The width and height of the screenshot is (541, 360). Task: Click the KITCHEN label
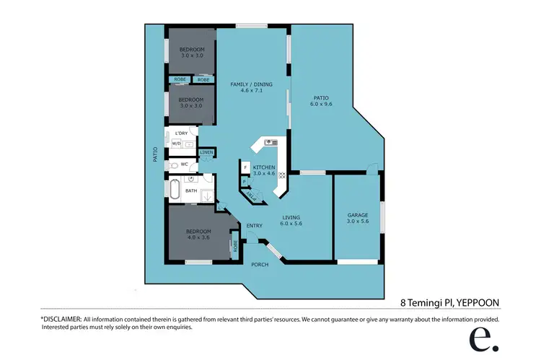(264, 170)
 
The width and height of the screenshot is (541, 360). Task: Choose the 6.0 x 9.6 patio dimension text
(322, 105)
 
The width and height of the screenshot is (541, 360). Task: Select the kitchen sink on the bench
(270, 143)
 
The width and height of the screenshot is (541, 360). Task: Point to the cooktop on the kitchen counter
(282, 175)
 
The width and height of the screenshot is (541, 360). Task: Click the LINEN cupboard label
(206, 152)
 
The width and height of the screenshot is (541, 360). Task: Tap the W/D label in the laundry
(176, 144)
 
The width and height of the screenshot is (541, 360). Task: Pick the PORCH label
(259, 265)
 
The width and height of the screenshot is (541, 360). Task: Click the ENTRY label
(255, 226)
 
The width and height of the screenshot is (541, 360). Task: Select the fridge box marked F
(245, 167)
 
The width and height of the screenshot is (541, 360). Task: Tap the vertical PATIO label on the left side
(155, 154)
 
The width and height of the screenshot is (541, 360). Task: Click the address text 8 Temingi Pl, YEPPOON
(450, 302)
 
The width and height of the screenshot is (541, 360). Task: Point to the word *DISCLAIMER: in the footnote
(61, 319)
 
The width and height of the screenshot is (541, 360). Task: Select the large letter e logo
(480, 338)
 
